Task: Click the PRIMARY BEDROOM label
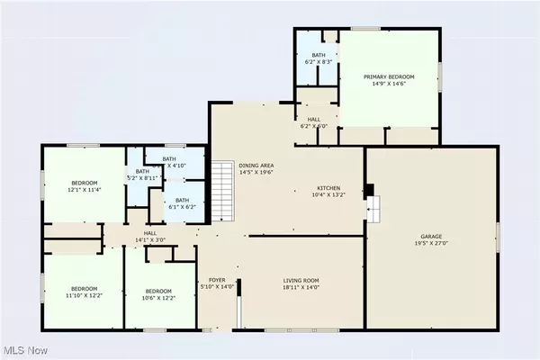point(389,77)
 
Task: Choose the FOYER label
point(217,281)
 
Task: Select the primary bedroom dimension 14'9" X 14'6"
point(389,85)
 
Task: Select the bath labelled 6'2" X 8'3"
point(319,59)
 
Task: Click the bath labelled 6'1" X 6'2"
point(182,203)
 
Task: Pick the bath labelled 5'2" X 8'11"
point(142,175)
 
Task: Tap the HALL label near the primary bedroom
point(314,122)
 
